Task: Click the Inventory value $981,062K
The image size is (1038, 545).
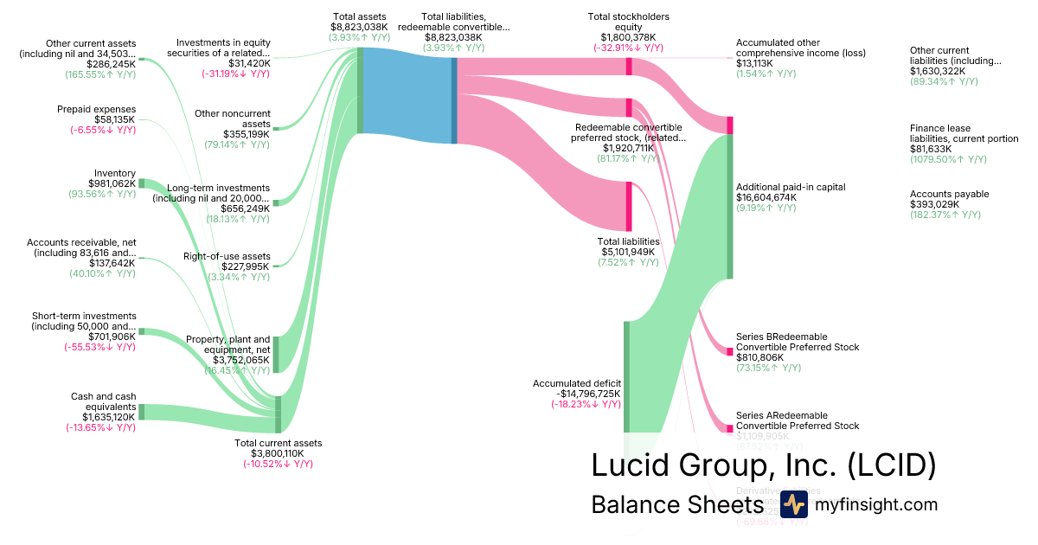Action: coord(112,183)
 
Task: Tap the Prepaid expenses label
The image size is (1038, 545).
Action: coord(97,109)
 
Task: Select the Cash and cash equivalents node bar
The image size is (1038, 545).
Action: coord(142,412)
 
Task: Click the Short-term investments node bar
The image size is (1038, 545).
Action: coord(142,331)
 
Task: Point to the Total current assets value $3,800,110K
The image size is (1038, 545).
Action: coord(279,453)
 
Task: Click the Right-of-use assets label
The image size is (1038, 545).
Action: coord(227,256)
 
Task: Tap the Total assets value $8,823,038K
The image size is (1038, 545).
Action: coord(359,27)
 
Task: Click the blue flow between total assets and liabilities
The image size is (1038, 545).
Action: coord(407,91)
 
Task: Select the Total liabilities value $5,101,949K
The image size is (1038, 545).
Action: coord(629,252)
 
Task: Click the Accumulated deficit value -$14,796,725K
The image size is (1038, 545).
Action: coord(577,393)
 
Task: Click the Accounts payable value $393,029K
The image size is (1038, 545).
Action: coord(934,204)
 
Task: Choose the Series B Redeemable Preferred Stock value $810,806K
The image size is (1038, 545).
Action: coord(759,357)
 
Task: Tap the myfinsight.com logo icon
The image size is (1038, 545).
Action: coord(793,504)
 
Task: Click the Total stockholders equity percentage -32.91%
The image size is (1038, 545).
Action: coord(628,48)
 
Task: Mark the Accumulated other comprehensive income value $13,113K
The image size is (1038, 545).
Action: coord(754,63)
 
